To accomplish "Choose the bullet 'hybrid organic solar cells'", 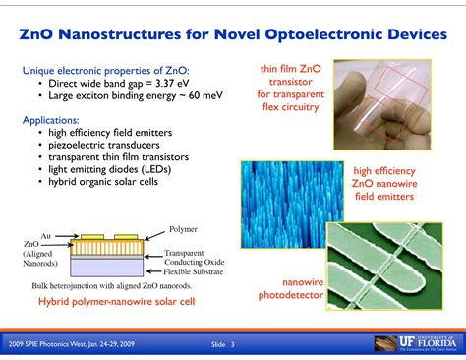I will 96,182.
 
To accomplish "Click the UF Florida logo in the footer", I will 413,343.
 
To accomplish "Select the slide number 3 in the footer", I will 233,344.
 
